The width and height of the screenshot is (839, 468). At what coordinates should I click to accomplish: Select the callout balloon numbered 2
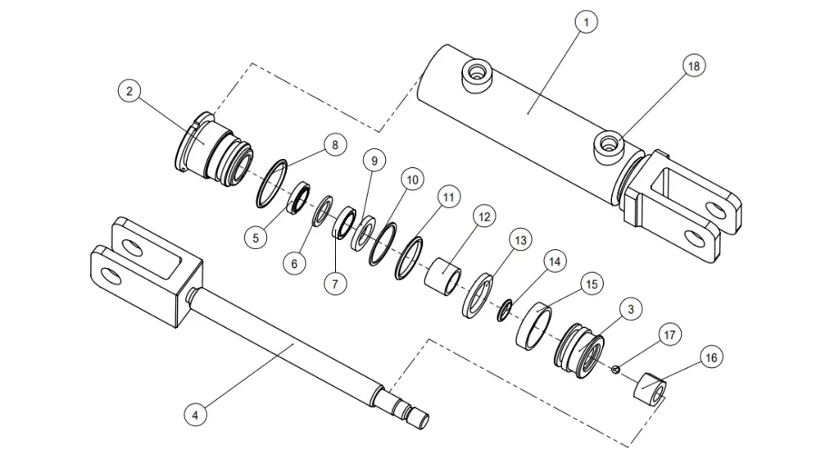point(129,91)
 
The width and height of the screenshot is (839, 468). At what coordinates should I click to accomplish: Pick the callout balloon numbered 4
point(195,415)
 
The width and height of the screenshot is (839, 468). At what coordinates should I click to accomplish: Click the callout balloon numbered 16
point(710,358)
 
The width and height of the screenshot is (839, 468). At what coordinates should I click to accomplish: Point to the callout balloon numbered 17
point(669,334)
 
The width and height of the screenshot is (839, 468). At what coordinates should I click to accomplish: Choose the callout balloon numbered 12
point(483,217)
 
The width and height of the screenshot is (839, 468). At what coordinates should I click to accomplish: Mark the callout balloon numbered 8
point(333,146)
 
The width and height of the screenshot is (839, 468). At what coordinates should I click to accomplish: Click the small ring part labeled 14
point(506,307)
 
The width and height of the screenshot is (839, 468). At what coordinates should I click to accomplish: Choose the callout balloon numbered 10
point(411,179)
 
